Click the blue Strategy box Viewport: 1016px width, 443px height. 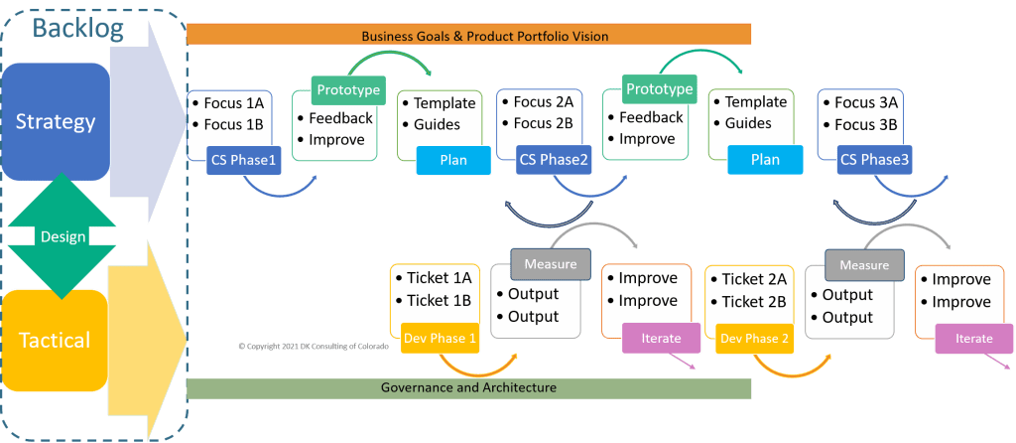coord(56,121)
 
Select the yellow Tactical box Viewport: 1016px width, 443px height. coord(56,341)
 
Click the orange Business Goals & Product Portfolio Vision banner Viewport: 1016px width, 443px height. coord(469,36)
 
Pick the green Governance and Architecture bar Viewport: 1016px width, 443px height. coord(469,387)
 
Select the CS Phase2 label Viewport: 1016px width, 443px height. coord(554,160)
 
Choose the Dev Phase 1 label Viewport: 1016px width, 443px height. coord(440,338)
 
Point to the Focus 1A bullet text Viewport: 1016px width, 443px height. coord(233,103)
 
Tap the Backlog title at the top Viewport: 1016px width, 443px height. coord(77,27)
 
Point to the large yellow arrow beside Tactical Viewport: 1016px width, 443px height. coord(144,318)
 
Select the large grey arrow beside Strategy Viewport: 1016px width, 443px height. coord(144,119)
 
